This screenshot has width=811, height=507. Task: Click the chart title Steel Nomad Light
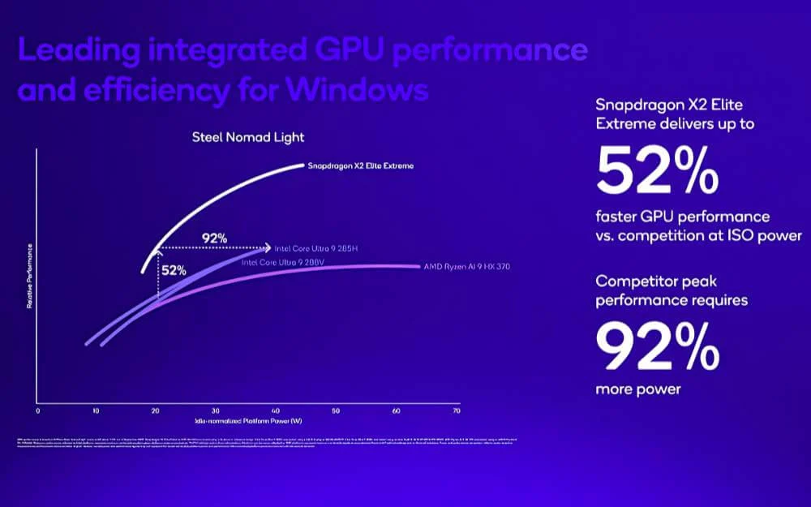248,137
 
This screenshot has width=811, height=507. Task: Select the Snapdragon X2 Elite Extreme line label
360,165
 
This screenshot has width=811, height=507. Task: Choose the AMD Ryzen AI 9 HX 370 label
466,266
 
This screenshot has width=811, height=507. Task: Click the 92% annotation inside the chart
214,238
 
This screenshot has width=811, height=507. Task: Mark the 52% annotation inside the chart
174,270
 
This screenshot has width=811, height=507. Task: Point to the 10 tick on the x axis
97,411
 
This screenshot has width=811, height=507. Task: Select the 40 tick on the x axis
276,411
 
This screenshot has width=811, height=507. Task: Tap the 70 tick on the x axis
455,411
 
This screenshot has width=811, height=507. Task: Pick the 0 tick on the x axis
37,411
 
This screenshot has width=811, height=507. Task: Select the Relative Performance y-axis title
30,277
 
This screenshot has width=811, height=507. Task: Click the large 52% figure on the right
657,171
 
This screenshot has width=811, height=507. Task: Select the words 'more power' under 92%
638,389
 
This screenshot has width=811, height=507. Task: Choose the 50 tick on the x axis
336,411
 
